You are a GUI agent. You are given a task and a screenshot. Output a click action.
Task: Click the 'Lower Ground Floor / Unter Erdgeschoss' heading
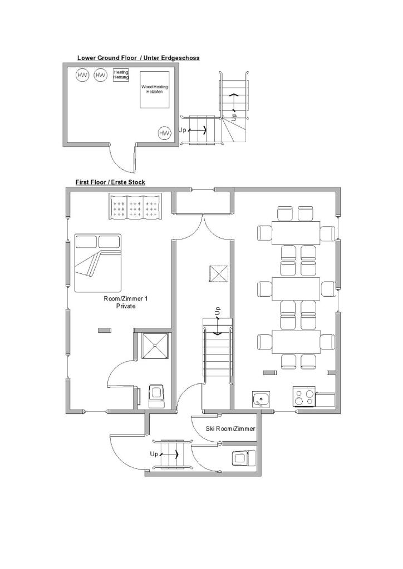click(x=138, y=58)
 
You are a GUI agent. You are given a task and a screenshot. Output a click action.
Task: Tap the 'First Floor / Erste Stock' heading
click(x=110, y=182)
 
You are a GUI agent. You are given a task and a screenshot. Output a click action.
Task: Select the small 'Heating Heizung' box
click(x=121, y=75)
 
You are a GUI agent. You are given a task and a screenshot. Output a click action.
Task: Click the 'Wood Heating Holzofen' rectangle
click(x=155, y=89)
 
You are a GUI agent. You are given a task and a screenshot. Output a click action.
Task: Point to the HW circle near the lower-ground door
click(x=164, y=133)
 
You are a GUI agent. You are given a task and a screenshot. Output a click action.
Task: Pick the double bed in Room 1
click(x=98, y=263)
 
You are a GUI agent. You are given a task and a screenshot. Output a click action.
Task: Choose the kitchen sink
click(x=261, y=400)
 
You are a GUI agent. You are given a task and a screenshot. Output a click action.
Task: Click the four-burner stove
click(x=304, y=396)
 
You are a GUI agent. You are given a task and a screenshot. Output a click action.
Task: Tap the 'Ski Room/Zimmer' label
click(x=230, y=428)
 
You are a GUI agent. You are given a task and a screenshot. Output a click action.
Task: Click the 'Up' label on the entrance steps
click(x=154, y=454)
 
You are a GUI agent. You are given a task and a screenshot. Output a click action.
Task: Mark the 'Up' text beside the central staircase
click(x=217, y=311)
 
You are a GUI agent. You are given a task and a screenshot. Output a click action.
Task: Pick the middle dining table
click(x=296, y=289)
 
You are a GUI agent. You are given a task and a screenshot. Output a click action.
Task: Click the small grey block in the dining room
click(x=269, y=372)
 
